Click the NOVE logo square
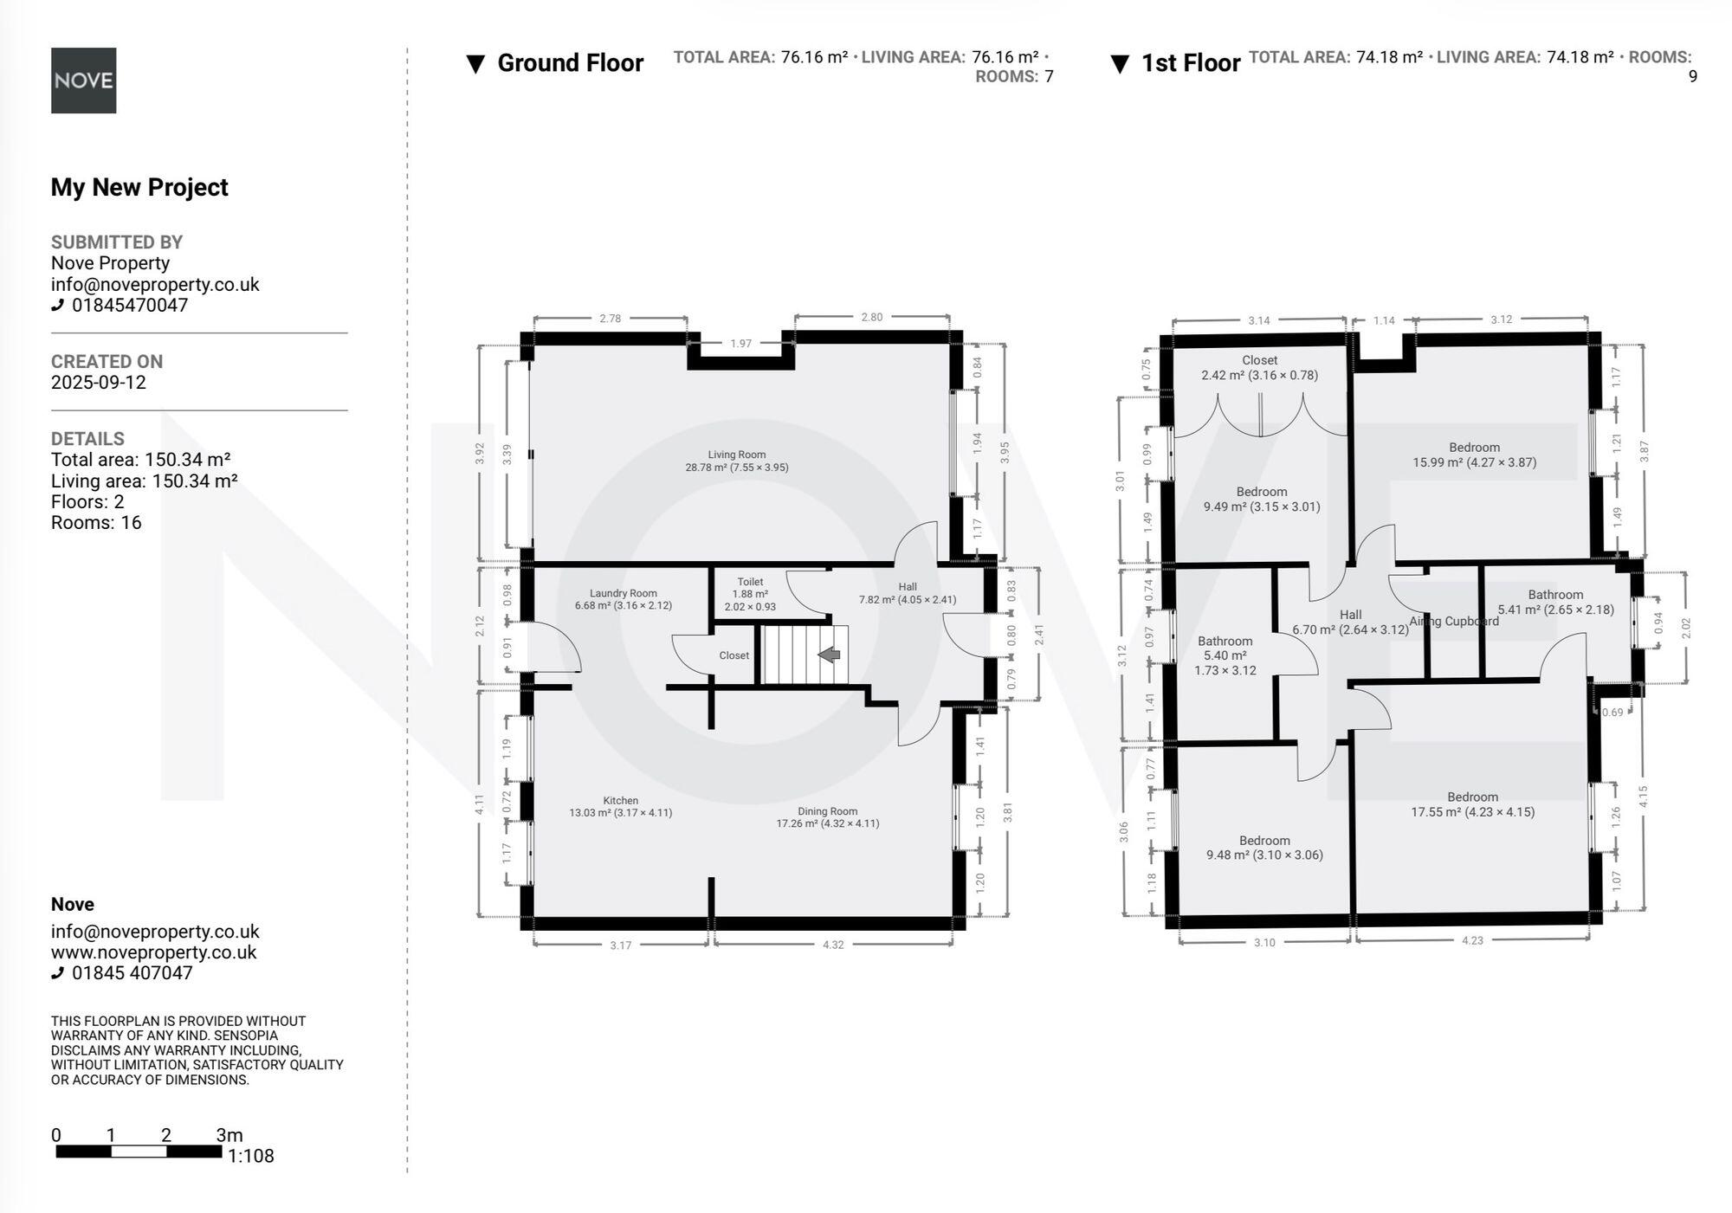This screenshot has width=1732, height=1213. [83, 81]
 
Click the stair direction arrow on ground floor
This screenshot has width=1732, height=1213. [830, 655]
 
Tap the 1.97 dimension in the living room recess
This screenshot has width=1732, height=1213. [740, 344]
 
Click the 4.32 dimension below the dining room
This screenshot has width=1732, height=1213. [832, 945]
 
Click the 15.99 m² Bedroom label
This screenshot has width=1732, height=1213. [1474, 455]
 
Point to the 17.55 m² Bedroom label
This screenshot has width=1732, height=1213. [1472, 804]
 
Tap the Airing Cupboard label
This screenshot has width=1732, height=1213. [1453, 621]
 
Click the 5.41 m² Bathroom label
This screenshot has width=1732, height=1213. [1555, 602]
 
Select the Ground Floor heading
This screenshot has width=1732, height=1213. [570, 63]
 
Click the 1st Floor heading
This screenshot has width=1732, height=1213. [1190, 63]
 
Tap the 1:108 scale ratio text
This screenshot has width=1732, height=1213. [250, 1156]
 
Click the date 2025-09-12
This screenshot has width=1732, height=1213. [99, 383]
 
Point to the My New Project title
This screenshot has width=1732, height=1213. [139, 187]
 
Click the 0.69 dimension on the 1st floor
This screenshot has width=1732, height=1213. [1612, 713]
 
